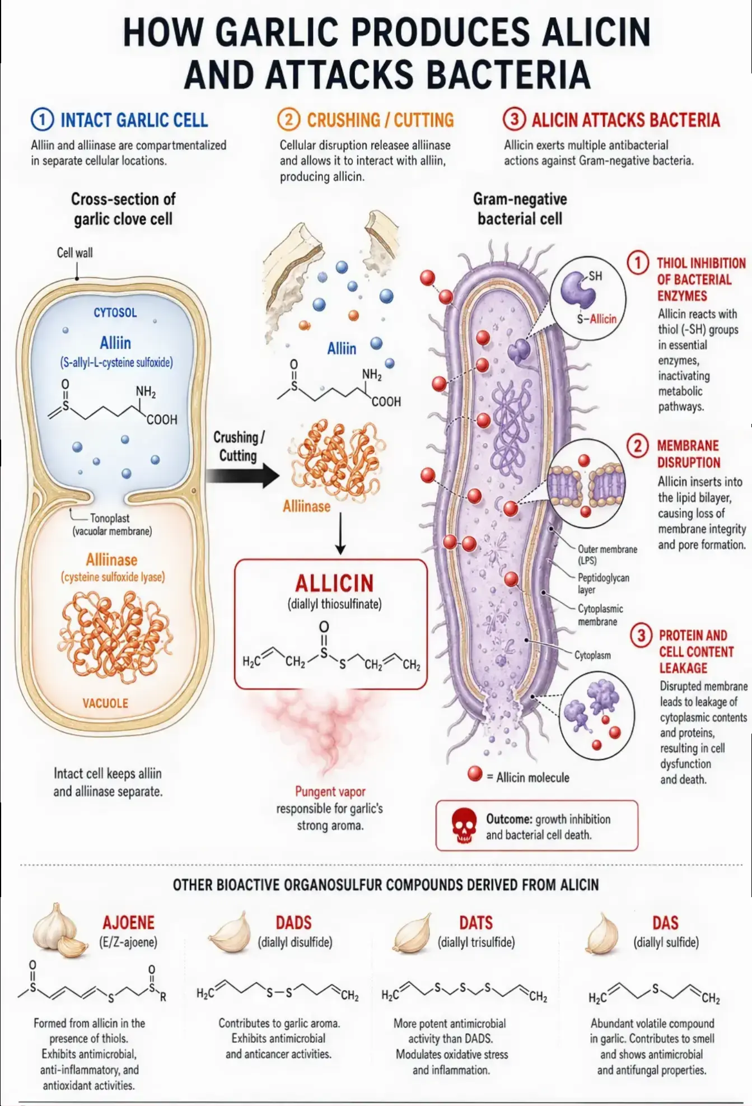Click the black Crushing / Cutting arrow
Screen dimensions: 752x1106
click(x=242, y=476)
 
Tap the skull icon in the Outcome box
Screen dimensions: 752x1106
click(x=464, y=826)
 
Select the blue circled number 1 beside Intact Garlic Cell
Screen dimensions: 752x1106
click(x=42, y=120)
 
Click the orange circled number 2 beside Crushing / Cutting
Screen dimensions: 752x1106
click(x=288, y=120)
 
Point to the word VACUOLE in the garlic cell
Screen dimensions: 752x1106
click(x=105, y=703)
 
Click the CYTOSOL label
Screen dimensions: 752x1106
click(x=115, y=312)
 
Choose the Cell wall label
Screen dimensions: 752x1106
click(x=75, y=253)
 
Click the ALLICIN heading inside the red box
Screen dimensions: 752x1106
click(x=334, y=583)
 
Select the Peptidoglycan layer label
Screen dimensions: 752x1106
click(x=603, y=583)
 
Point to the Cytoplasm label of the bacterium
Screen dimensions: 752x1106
click(x=592, y=655)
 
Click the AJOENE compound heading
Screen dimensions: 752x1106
click(x=128, y=922)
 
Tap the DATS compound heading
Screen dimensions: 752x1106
click(x=476, y=922)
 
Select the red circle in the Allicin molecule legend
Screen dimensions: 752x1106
click(x=475, y=773)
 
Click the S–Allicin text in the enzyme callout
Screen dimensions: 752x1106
click(x=597, y=319)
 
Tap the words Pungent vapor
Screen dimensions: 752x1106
click(x=330, y=791)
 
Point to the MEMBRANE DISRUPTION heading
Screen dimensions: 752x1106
click(x=688, y=454)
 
